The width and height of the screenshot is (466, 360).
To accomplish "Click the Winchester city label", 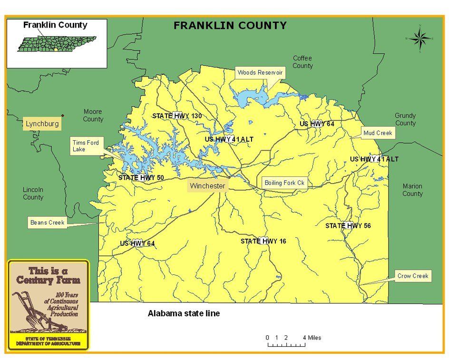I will coord(207,186).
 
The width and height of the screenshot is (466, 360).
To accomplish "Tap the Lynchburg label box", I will coord(42,124).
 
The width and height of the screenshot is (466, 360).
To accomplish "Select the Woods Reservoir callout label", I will coord(260,73).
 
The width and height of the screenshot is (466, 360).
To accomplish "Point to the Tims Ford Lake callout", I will coord(86,146).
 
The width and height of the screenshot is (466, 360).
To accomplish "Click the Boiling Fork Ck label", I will coord(284,183).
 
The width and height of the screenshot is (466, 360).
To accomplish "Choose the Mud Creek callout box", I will coord(378,133).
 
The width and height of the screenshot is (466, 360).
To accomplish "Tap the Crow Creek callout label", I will coord(413,276).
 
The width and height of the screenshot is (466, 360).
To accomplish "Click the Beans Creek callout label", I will coord(47,222).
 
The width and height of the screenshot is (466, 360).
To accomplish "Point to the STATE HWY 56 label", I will coord(348,225).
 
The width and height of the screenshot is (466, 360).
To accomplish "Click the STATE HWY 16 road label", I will coord(263,241).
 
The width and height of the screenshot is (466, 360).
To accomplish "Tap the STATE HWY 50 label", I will coord(141,177).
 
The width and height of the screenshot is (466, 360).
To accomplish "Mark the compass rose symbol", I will coord(420,38).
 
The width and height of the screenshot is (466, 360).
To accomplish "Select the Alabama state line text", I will coord(184,314).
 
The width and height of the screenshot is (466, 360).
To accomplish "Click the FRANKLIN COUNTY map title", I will coord(230,26).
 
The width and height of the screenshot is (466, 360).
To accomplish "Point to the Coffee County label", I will coord(302,62).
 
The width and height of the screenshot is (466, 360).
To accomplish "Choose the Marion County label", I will coord(412,190).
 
